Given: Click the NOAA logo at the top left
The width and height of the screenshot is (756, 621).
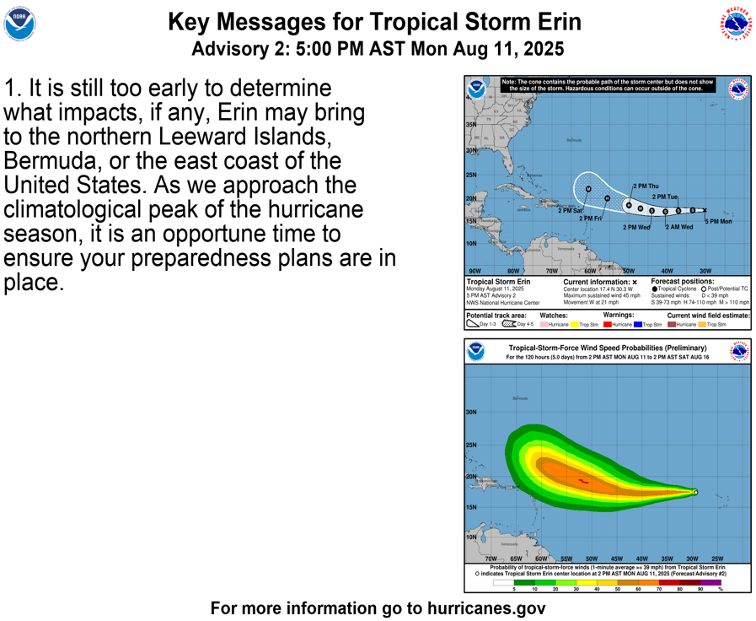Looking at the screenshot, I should click(x=19, y=24).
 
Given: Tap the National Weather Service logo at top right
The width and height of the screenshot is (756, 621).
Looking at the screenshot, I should click(x=735, y=24).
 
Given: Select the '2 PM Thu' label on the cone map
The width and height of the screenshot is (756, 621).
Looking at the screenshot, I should click(x=646, y=186).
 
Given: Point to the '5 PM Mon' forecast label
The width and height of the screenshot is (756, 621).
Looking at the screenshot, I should click(x=718, y=221).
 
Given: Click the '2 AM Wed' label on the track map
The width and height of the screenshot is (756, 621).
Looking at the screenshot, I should click(x=679, y=227).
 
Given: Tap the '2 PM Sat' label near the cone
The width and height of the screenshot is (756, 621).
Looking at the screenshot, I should click(x=571, y=210).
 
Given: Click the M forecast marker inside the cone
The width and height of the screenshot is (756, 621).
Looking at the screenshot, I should click(x=589, y=189).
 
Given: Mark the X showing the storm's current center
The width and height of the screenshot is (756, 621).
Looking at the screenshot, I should click(x=705, y=210).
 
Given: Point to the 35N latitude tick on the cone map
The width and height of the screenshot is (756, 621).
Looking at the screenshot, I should click(x=471, y=125).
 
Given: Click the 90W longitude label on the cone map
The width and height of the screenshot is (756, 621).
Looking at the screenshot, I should click(x=475, y=271).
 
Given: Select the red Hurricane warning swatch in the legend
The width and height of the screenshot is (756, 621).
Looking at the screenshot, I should click(x=608, y=324).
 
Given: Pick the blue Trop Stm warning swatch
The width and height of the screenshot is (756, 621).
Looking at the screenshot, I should click(x=638, y=324).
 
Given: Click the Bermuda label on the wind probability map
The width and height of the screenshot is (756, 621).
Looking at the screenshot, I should click(x=522, y=398).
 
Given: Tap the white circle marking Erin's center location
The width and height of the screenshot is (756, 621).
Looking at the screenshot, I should click(x=695, y=492).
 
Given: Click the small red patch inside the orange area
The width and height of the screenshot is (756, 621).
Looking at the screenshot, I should click(x=584, y=481).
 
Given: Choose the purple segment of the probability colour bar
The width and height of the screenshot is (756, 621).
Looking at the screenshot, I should click(x=711, y=582).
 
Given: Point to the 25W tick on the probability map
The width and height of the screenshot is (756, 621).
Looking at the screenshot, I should click(x=716, y=559).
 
